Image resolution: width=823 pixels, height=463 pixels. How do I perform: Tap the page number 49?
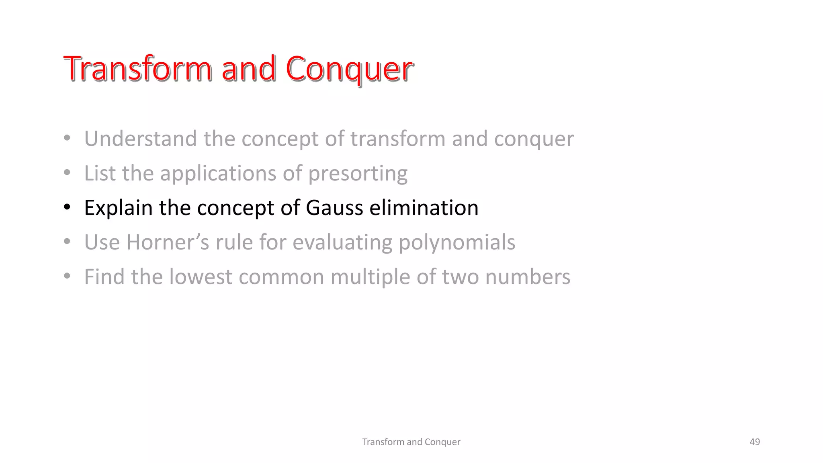tap(755, 442)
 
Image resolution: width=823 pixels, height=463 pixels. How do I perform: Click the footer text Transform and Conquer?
tap(411, 442)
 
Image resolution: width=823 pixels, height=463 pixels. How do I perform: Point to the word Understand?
tap(141, 139)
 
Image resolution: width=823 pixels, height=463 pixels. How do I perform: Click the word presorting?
tap(358, 174)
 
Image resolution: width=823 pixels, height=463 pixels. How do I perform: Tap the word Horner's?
tap(168, 242)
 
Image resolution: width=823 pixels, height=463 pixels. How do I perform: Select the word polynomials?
tap(457, 242)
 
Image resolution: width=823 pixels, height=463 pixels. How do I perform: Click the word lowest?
tap(201, 277)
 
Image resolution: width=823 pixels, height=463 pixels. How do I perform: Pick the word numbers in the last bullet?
tap(528, 277)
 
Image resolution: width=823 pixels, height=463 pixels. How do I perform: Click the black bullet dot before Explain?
tap(67, 208)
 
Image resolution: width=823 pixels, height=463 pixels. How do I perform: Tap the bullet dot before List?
tap(67, 173)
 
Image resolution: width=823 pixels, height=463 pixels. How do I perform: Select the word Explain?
tap(118, 208)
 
